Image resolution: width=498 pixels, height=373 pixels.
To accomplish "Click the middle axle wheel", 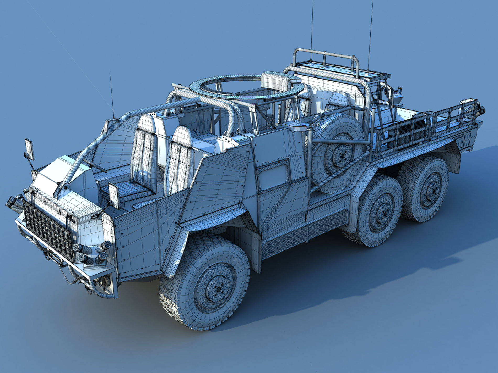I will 380,211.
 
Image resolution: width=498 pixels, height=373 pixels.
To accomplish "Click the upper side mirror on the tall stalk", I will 29,149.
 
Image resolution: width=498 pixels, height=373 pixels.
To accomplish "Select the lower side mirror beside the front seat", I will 113,195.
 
